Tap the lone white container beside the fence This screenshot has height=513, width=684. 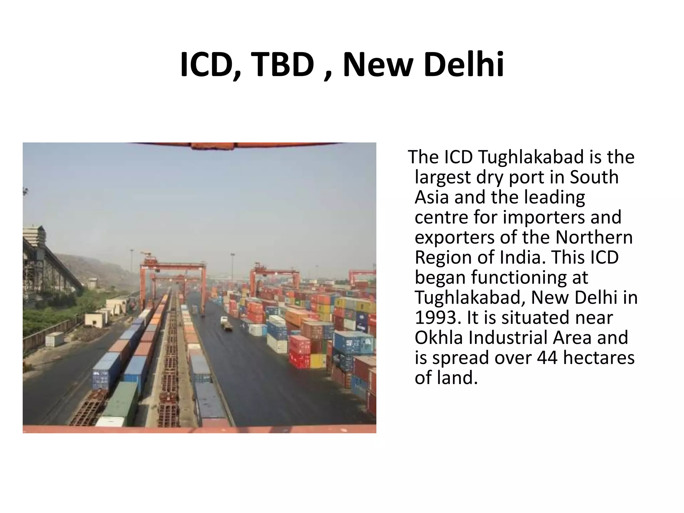coord(54,339)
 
